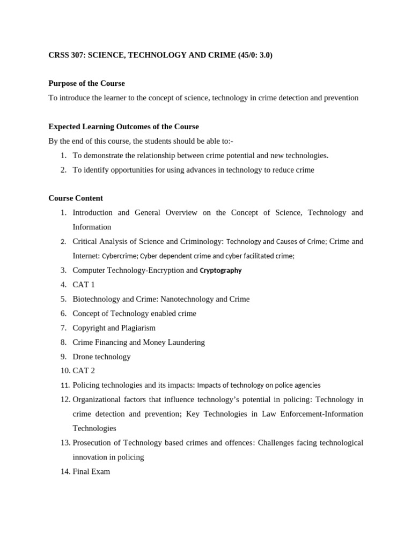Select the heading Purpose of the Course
click(x=86, y=83)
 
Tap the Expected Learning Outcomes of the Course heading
click(x=123, y=127)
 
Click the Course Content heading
click(x=76, y=198)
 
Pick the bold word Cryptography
click(x=220, y=270)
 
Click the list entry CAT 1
click(x=84, y=285)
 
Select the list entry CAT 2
click(x=84, y=370)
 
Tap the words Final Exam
click(x=91, y=471)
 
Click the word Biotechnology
click(x=97, y=299)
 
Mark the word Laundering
click(x=183, y=342)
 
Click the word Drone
click(x=83, y=357)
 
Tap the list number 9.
click(x=63, y=357)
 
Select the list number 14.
click(x=65, y=471)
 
